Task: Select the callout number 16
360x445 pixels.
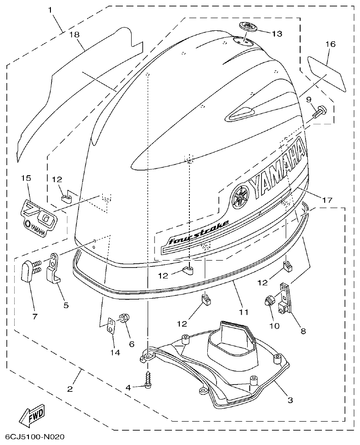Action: click(331, 44)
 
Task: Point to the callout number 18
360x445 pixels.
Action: click(74, 34)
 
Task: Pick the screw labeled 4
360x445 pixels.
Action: click(148, 377)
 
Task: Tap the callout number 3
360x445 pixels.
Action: click(290, 400)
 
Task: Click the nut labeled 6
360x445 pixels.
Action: click(124, 318)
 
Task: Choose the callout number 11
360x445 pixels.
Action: click(244, 312)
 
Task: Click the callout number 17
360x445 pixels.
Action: click(327, 200)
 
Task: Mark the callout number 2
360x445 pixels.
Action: click(70, 389)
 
